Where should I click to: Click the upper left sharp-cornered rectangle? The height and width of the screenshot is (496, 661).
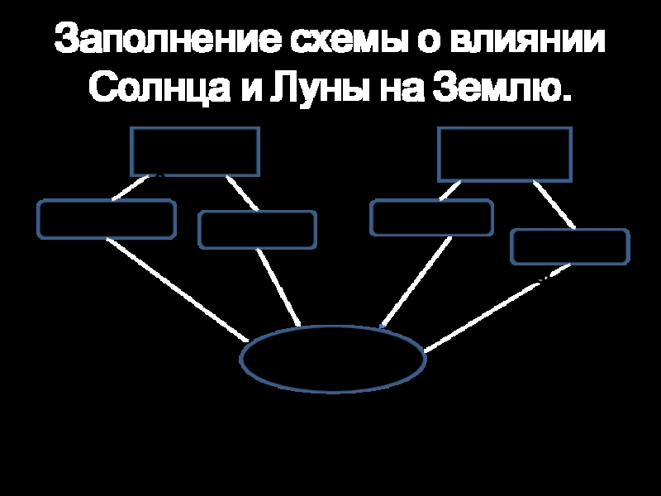pyautogui.click(x=195, y=151)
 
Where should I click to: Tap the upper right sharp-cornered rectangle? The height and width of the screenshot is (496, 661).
pyautogui.click(x=504, y=154)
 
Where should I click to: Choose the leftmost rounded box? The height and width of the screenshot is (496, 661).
pyautogui.click(x=106, y=219)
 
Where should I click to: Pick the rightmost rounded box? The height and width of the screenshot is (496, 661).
pyautogui.click(x=570, y=247)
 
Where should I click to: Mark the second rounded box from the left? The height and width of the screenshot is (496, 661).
pyautogui.click(x=257, y=230)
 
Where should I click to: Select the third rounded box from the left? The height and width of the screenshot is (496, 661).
pyautogui.click(x=431, y=217)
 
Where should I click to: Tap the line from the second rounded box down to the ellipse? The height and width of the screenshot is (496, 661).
pyautogui.click(x=278, y=288)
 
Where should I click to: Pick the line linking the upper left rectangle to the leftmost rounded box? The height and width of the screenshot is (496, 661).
pyautogui.click(x=134, y=187)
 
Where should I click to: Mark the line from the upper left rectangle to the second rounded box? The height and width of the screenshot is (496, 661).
pyautogui.click(x=242, y=193)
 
